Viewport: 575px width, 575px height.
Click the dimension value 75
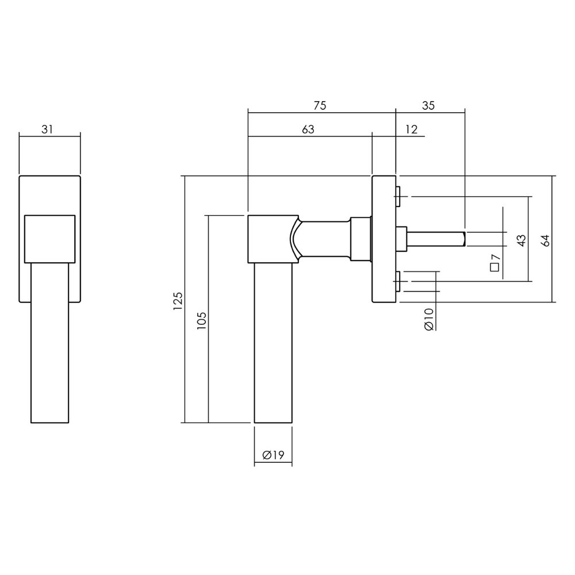coord(320,105)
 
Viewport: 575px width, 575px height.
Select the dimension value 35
coord(428,105)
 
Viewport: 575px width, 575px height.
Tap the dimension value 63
coord(308,129)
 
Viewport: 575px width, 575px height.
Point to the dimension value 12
coord(411,129)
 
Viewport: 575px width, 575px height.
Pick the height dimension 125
coord(178,300)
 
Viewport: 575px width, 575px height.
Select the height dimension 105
coord(201,319)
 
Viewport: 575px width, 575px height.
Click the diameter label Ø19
coord(273,455)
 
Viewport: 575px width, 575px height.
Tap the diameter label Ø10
coord(428,319)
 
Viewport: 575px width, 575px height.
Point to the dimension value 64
coord(546,240)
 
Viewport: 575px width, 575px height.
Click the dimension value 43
coord(521,240)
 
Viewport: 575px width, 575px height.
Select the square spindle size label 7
coord(495,263)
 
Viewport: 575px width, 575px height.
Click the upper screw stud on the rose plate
coord(398,196)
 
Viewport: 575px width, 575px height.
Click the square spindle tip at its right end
coord(463,238)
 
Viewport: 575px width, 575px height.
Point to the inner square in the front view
coord(49,239)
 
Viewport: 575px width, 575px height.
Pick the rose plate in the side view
coord(384,239)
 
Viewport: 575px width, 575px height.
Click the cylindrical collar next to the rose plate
coord(361,239)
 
